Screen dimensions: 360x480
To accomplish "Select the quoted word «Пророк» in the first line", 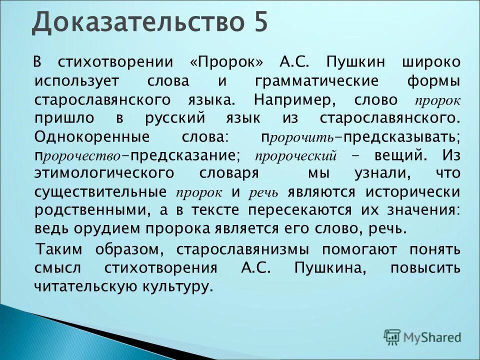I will pos(227,63).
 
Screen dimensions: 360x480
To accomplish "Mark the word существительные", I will pos(100,192).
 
